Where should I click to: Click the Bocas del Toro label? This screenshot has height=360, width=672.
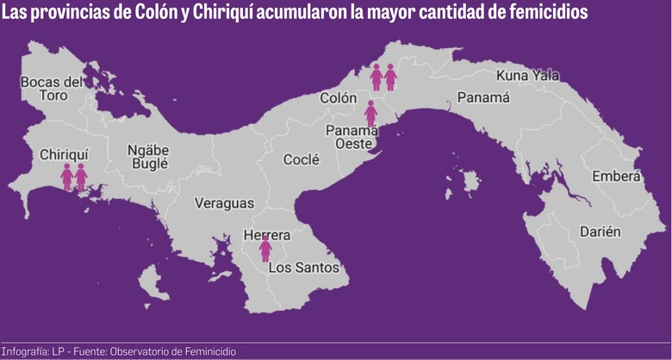pyautogui.click(x=52, y=89)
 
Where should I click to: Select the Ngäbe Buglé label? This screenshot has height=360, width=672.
pyautogui.click(x=148, y=156)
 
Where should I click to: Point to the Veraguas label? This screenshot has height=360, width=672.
pyautogui.click(x=224, y=203)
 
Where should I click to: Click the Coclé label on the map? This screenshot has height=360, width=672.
pyautogui.click(x=302, y=159)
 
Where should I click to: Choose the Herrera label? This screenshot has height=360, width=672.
pyautogui.click(x=267, y=234)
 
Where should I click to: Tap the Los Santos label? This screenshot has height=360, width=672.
pyautogui.click(x=304, y=267)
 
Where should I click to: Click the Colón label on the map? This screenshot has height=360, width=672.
pyautogui.click(x=339, y=98)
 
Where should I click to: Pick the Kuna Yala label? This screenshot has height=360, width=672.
pyautogui.click(x=528, y=76)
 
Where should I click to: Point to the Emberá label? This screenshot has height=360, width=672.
pyautogui.click(x=616, y=177)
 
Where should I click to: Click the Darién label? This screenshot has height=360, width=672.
pyautogui.click(x=600, y=232)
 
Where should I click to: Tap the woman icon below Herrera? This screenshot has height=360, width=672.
pyautogui.click(x=265, y=250)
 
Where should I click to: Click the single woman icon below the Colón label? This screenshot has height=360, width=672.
pyautogui.click(x=371, y=113)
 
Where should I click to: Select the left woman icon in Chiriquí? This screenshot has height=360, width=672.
pyautogui.click(x=67, y=177)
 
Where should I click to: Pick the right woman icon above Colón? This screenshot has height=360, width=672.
pyautogui.click(x=390, y=78)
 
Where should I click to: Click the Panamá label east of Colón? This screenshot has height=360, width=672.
pyautogui.click(x=482, y=97)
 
